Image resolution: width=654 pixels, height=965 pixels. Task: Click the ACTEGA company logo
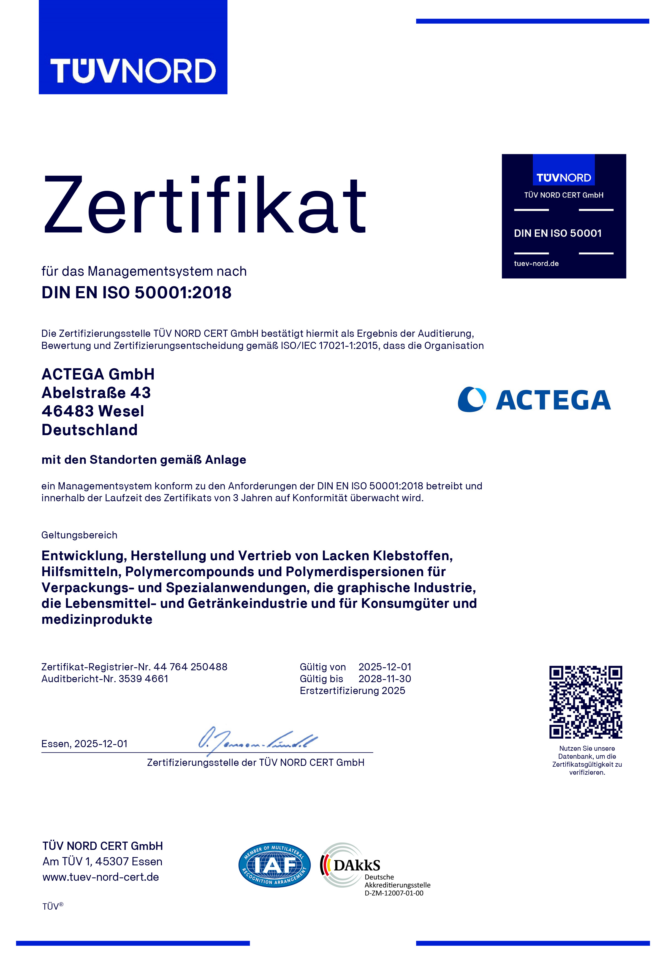(534, 399)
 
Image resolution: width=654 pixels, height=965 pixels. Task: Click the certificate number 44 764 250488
(190, 667)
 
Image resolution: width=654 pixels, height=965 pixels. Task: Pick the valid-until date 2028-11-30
(384, 679)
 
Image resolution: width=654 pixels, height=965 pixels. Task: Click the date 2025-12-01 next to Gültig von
(384, 667)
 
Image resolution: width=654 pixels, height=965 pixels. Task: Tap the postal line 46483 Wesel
(93, 411)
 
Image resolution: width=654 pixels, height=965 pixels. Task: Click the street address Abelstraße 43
(96, 392)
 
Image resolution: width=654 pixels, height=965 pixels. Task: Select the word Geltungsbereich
(79, 535)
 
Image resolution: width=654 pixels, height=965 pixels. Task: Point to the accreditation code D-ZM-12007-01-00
(394, 893)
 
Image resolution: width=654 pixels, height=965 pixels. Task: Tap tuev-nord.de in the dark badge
(536, 263)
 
